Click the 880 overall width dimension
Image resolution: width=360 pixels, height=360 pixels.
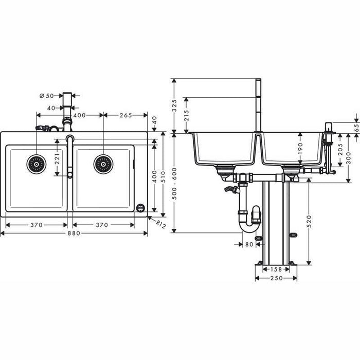[74, 233]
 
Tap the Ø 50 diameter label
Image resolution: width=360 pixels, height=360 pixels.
[47, 95]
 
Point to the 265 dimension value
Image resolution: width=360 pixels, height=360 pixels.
[125, 115]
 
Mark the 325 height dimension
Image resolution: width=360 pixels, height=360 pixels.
[174, 105]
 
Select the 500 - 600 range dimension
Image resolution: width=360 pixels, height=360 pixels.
[174, 181]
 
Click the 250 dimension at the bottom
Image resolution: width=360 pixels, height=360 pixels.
[276, 278]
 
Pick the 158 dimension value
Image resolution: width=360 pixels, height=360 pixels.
[276, 269]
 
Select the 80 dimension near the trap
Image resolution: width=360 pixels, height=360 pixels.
[249, 244]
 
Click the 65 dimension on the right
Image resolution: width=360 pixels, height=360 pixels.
[356, 127]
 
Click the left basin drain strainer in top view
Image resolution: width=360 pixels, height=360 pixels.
[37, 164]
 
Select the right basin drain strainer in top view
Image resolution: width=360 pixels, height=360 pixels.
[103, 164]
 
